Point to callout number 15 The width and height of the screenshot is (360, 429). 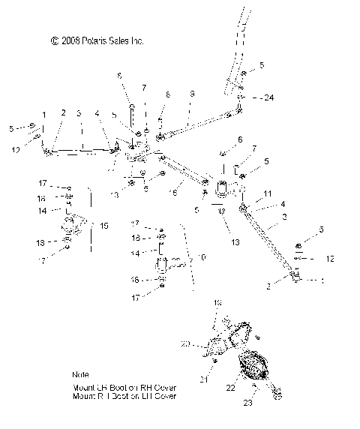click(105, 225)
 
